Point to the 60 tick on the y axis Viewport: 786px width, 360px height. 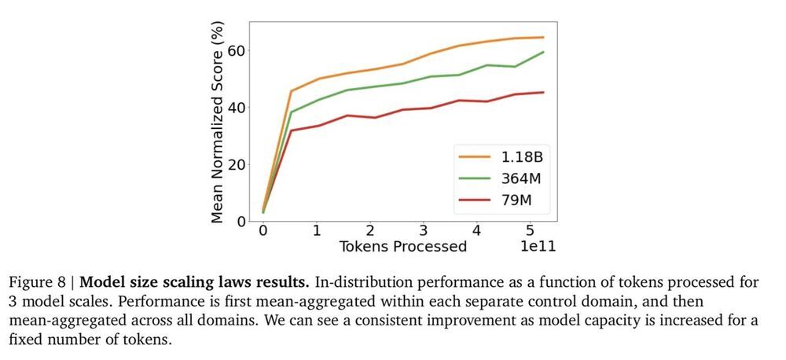click(x=237, y=50)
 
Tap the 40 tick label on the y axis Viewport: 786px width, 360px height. click(x=237, y=107)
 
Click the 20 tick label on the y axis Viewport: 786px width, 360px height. click(x=237, y=164)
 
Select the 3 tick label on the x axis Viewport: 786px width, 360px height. click(x=423, y=232)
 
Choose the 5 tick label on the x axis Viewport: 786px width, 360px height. click(x=531, y=232)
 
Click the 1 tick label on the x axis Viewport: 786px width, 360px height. click(x=316, y=232)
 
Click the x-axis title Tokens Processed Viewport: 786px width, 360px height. click(x=402, y=247)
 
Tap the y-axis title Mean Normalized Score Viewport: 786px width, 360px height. click(x=218, y=123)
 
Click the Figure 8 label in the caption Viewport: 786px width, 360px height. click(x=39, y=281)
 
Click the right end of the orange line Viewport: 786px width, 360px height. click(x=543, y=37)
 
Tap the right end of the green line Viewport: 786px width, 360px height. click(x=543, y=52)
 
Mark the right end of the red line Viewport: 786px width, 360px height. click(x=543, y=92)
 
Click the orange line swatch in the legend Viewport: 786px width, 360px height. click(x=473, y=157)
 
